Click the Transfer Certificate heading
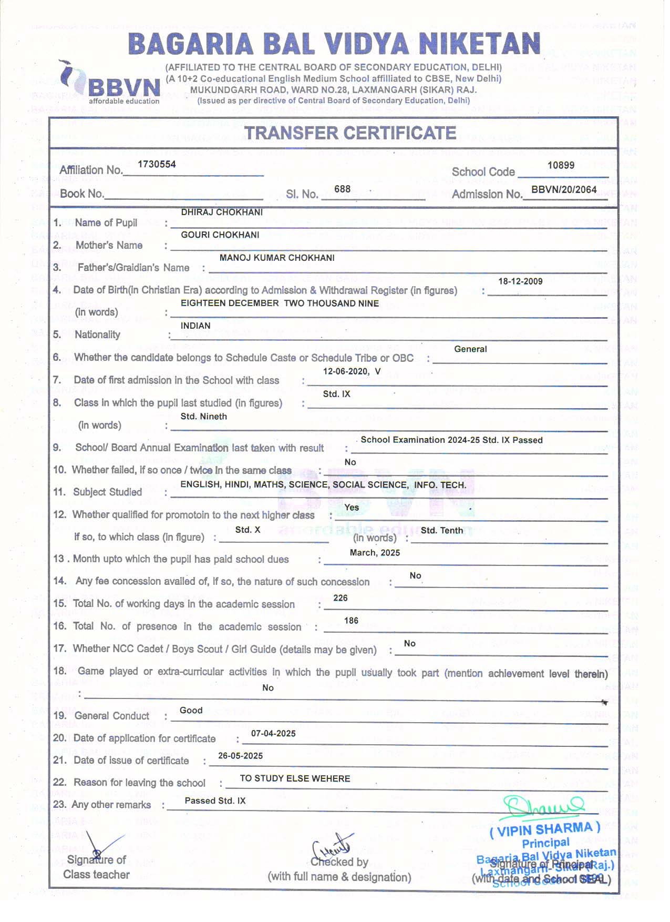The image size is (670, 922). (351, 133)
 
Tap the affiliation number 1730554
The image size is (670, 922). (157, 164)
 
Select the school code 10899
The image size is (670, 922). (561, 165)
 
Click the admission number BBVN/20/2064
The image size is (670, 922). (564, 189)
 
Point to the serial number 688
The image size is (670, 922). (342, 189)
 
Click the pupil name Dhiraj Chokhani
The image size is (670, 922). (222, 212)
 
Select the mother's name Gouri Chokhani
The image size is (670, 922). (220, 235)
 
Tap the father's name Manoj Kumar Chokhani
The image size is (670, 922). (277, 258)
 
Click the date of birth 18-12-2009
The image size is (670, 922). (520, 281)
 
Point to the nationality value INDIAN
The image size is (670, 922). (195, 326)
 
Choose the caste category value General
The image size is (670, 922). (470, 349)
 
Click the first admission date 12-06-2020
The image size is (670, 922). (345, 371)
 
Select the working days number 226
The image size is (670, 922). (341, 598)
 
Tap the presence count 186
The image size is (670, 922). (351, 621)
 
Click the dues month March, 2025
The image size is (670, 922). (375, 553)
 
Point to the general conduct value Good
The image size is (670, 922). (191, 711)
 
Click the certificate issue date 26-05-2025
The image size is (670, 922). (240, 756)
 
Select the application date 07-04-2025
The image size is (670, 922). (273, 734)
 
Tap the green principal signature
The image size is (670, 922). (542, 807)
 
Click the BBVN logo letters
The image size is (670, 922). (124, 87)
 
